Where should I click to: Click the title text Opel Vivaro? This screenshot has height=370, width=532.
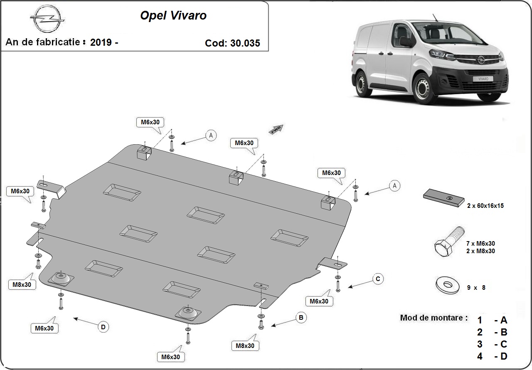click(173, 15)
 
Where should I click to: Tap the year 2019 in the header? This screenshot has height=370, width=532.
click(101, 42)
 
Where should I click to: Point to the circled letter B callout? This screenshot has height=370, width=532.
click(301, 318)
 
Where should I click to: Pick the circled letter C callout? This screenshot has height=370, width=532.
click(378, 279)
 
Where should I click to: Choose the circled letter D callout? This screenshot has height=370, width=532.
click(103, 327)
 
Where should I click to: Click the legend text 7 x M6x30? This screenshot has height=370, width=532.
click(480, 243)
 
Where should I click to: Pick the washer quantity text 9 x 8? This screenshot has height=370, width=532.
click(476, 287)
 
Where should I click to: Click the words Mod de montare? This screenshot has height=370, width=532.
click(431, 318)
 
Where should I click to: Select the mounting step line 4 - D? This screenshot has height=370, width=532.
click(492, 356)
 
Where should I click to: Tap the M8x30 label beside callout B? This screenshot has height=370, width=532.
click(245, 345)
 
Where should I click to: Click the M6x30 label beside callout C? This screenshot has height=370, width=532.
click(319, 301)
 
